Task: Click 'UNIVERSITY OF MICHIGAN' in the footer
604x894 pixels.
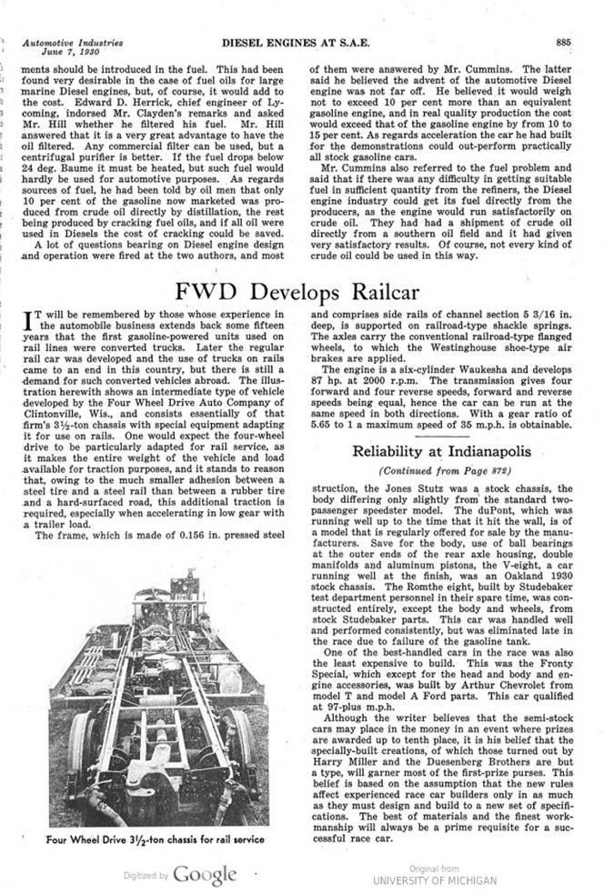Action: click(x=434, y=879)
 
